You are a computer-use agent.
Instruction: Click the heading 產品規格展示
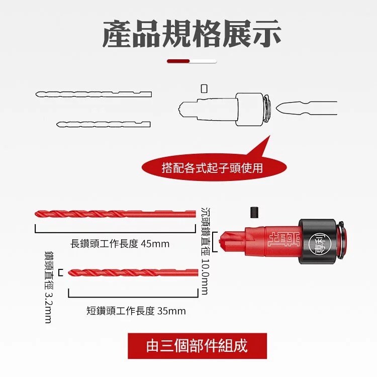pyautogui.click(x=192, y=34)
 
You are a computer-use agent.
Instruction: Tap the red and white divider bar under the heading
pyautogui.click(x=192, y=61)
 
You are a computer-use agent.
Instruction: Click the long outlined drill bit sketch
pyautogui.click(x=93, y=94)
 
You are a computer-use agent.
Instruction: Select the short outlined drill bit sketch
pyautogui.click(x=104, y=124)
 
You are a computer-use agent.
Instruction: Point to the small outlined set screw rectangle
pyautogui.click(x=204, y=88)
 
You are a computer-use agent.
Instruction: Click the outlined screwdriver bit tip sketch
pyautogui.click(x=306, y=108)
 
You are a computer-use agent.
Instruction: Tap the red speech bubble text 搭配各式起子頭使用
pyautogui.click(x=212, y=167)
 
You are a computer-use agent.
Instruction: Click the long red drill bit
pyautogui.click(x=115, y=214)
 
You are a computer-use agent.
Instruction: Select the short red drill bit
pyautogui.click(x=133, y=272)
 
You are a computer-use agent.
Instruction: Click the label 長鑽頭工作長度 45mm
pyautogui.click(x=120, y=244)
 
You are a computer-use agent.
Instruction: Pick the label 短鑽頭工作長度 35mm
pyautogui.click(x=136, y=311)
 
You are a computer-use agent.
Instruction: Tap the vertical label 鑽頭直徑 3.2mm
pyautogui.click(x=49, y=287)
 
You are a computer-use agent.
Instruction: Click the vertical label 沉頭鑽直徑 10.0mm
pyautogui.click(x=205, y=251)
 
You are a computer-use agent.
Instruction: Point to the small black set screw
pyautogui.click(x=254, y=213)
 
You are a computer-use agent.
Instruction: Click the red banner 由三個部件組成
pyautogui.click(x=197, y=346)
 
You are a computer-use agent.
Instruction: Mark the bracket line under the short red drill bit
pyautogui.click(x=133, y=297)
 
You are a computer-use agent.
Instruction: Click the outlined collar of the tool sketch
pyautogui.click(x=249, y=110)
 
